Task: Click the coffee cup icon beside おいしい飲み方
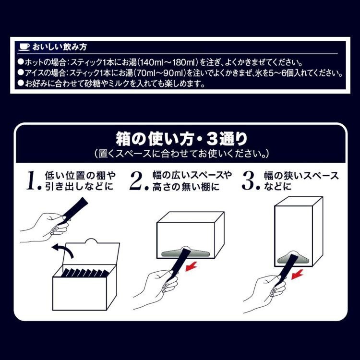[x=24, y=47]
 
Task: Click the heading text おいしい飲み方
[x=60, y=47]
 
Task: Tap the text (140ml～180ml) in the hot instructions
[x=166, y=62]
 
